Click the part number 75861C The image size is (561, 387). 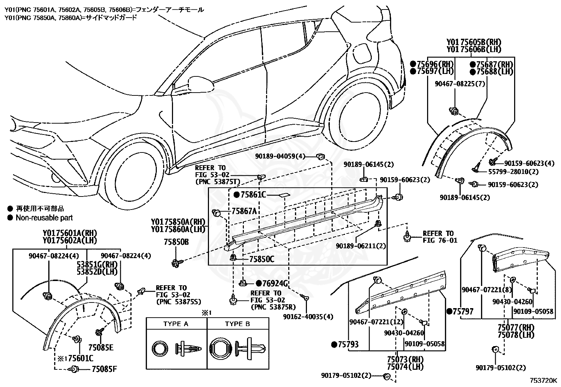(253, 194)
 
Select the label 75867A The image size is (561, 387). (244, 211)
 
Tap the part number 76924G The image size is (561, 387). (275, 283)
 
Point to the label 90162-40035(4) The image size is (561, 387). (308, 317)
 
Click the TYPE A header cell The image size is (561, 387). (176, 324)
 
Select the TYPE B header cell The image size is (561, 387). (238, 324)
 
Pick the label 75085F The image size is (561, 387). (104, 369)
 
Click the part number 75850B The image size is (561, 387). (176, 242)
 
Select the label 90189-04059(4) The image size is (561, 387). (280, 156)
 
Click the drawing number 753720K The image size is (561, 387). (543, 381)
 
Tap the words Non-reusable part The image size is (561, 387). (44, 218)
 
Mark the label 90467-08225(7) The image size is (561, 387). (460, 83)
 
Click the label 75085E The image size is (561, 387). (101, 348)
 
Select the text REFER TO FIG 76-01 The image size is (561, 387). (440, 237)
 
